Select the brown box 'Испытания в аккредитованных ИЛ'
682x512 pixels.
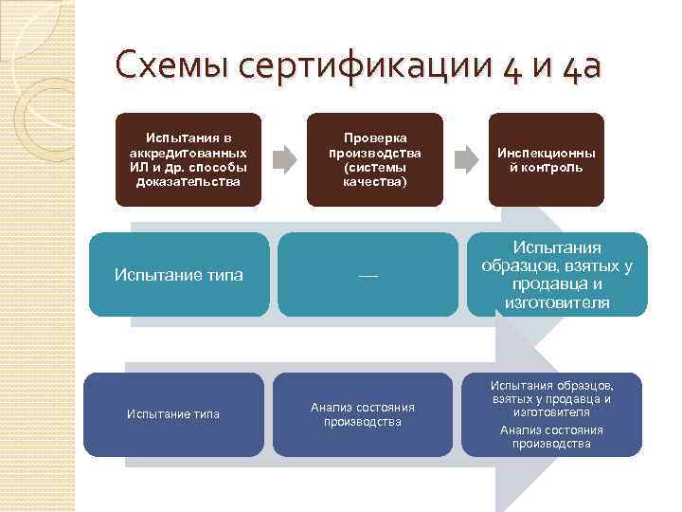click(x=188, y=159)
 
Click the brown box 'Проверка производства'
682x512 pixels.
click(x=374, y=159)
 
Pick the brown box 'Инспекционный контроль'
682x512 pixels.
click(x=546, y=159)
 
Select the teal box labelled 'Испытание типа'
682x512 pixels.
click(x=178, y=275)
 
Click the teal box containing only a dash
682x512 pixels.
click(x=368, y=275)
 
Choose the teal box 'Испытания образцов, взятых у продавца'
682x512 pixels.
click(x=557, y=275)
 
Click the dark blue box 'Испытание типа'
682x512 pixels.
click(x=173, y=413)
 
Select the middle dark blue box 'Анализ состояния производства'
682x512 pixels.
click(x=363, y=413)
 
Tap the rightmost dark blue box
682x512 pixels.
click(x=551, y=413)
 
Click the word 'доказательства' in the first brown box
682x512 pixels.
click(x=188, y=182)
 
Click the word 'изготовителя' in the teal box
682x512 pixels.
click(x=557, y=302)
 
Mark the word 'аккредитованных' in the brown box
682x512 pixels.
click(x=188, y=152)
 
